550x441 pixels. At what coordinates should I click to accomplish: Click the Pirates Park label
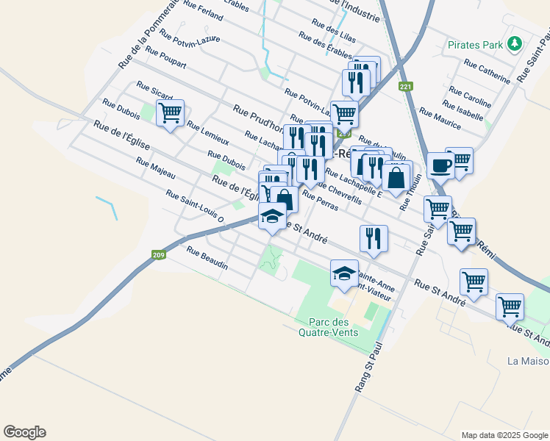tap(474, 44)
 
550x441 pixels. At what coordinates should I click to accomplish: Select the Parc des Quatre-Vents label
tap(329, 327)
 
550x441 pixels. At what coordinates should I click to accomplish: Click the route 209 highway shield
tap(158, 255)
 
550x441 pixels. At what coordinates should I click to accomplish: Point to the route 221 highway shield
tap(406, 87)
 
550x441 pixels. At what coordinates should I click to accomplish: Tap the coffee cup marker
tap(440, 165)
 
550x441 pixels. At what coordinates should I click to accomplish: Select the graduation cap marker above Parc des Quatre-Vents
tap(344, 274)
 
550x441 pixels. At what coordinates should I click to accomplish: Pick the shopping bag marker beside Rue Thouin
tap(396, 178)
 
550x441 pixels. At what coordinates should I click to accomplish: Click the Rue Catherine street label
tap(487, 71)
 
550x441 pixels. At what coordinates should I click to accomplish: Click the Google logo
tap(24, 432)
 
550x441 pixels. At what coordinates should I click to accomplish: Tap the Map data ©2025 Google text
tap(504, 435)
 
